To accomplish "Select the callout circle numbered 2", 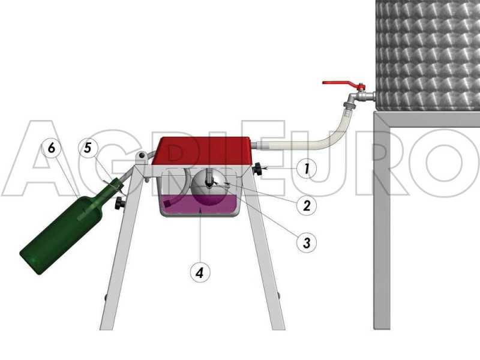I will [x=306, y=205].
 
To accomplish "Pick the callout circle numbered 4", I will [x=200, y=271].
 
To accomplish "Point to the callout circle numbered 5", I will [x=88, y=148].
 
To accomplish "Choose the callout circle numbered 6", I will [x=52, y=148].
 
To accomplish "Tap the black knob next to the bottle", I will [x=120, y=203].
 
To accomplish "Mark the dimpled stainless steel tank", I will [x=428, y=54].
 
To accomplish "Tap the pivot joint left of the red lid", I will [x=141, y=157].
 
